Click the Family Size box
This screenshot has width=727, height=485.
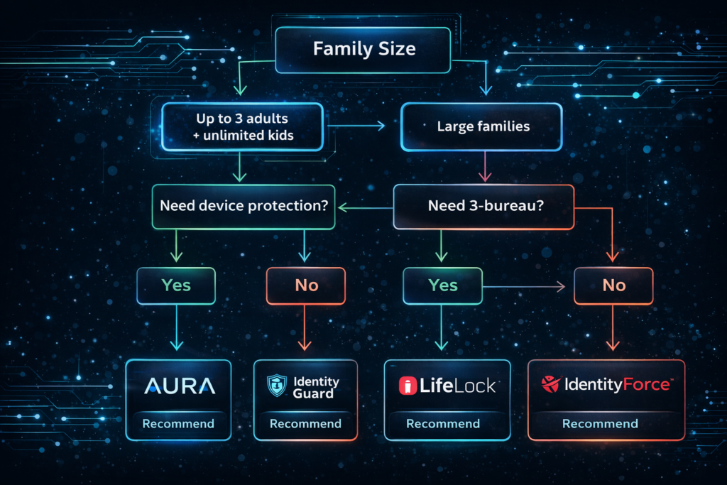tap(363, 50)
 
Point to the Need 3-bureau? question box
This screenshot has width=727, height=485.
tap(483, 207)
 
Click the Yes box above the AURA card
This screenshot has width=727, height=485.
tap(176, 285)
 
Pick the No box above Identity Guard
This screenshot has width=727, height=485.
tap(305, 285)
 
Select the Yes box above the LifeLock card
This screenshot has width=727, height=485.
tap(442, 285)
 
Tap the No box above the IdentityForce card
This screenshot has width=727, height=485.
tap(613, 285)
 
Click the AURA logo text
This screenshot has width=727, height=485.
tap(178, 386)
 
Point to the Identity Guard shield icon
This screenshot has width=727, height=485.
tap(277, 386)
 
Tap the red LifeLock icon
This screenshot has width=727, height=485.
tap(407, 386)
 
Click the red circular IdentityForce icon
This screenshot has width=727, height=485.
tap(550, 385)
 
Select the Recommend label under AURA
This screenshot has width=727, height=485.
tap(178, 424)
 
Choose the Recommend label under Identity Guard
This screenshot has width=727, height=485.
tap(305, 424)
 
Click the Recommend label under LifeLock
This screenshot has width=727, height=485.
tap(442, 424)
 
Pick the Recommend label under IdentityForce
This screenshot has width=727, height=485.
tap(600, 424)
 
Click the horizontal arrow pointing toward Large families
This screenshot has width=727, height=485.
tap(355, 126)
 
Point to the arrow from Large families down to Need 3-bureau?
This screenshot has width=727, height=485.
tap(483, 168)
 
